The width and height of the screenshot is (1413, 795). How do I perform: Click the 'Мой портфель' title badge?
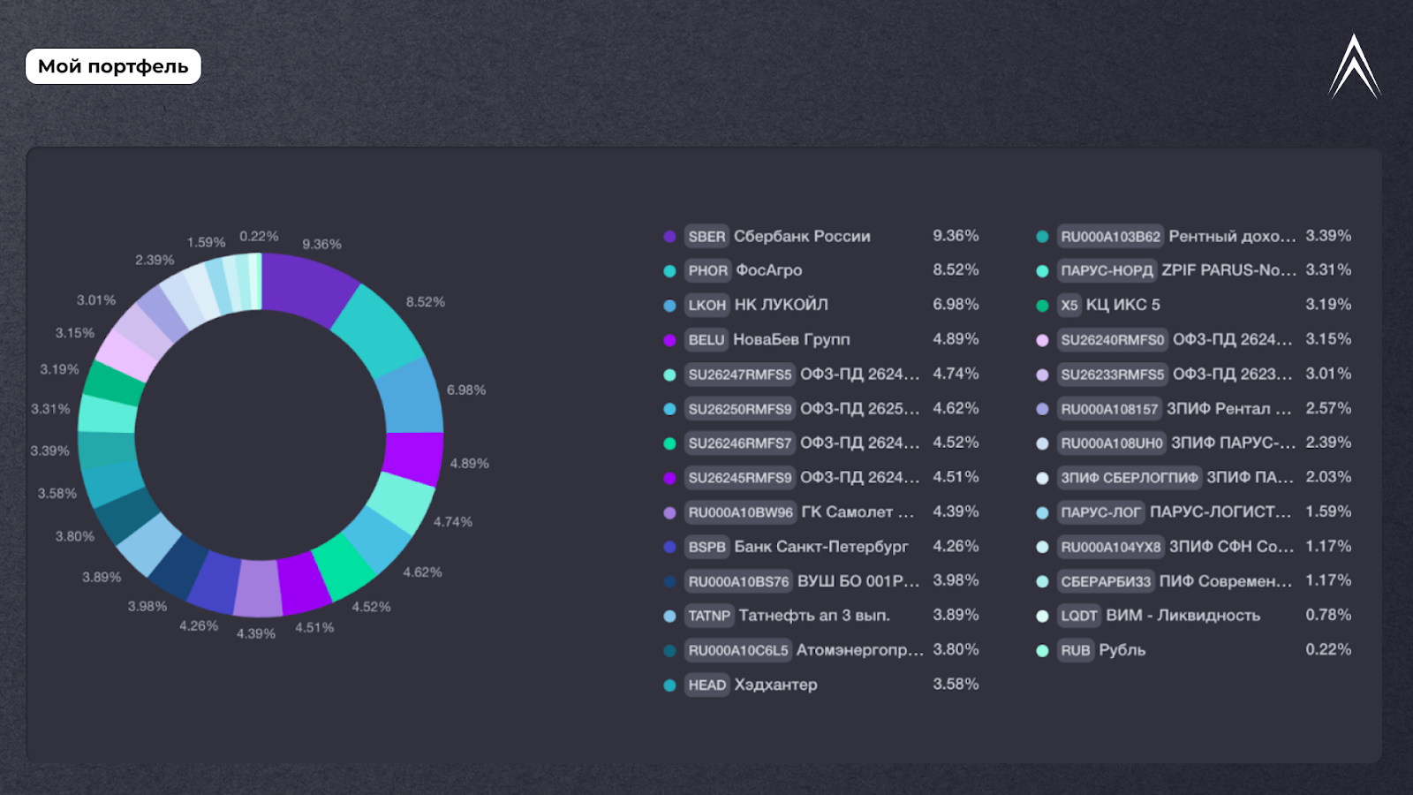[113, 66]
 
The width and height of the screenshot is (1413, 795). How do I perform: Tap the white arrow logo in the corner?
[1354, 67]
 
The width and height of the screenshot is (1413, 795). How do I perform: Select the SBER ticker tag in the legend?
[706, 237]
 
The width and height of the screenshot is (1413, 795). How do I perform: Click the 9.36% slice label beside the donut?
[321, 244]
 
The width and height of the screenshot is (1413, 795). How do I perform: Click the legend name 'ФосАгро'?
[769, 270]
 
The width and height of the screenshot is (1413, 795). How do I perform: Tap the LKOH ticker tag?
[706, 305]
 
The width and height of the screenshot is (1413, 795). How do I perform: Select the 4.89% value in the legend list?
[956, 339]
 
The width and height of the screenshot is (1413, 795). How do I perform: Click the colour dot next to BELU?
[669, 340]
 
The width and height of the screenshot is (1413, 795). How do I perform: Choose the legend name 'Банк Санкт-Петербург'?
[820, 547]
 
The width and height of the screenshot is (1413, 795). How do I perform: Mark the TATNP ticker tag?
[709, 616]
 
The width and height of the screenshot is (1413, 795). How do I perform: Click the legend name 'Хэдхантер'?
[775, 685]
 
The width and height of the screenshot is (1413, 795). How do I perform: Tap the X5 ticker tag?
[1069, 305]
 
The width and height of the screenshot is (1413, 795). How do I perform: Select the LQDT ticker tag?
[1078, 616]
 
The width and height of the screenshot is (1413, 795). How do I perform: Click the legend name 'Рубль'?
[1122, 650]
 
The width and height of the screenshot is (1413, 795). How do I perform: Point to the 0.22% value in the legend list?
[1328, 649]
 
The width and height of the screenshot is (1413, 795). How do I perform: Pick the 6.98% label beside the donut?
[466, 390]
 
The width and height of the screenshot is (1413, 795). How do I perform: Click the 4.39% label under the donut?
[256, 633]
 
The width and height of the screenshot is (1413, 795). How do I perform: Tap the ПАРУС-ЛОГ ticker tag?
[1100, 512]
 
